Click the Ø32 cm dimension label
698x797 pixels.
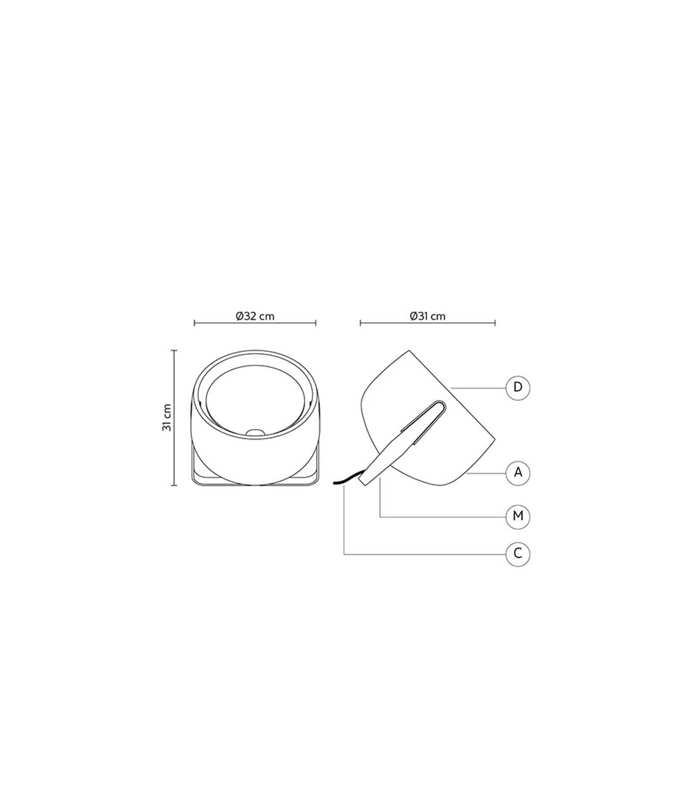tap(255, 316)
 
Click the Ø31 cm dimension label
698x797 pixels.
tap(427, 316)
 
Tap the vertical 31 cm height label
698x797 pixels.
tap(167, 417)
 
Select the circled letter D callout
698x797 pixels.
tap(518, 388)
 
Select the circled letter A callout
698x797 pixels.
tap(518, 473)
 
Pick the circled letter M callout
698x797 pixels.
tap(518, 517)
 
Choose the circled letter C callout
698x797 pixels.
tap(518, 553)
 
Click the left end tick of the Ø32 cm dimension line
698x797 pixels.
tap(194, 323)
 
